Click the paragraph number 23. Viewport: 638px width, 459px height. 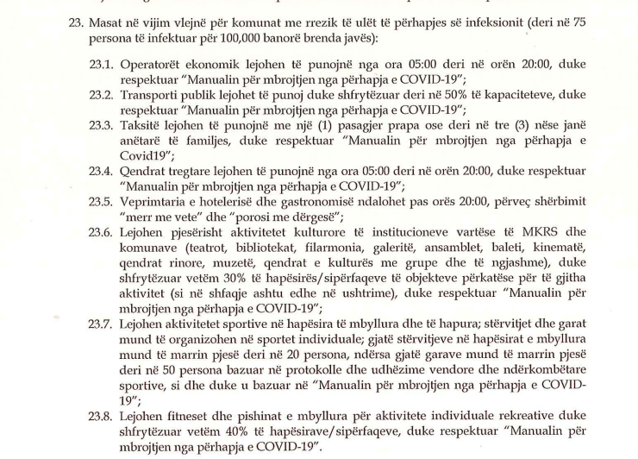click(76, 23)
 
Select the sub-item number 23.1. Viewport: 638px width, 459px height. click(102, 65)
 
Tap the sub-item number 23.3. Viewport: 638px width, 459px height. click(102, 126)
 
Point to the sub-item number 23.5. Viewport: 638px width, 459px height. click(102, 202)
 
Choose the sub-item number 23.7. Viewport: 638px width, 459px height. click(102, 324)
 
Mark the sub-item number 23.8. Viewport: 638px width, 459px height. click(102, 415)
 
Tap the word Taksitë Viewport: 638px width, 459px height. click(141, 126)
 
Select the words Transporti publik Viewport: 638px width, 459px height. click(169, 96)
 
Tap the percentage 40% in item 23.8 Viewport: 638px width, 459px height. click(230, 431)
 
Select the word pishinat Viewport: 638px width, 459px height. click(241, 415)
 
